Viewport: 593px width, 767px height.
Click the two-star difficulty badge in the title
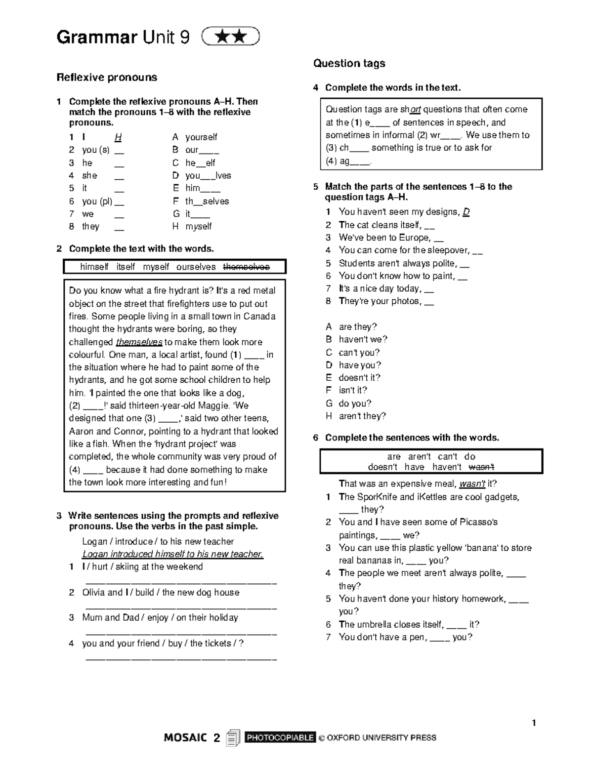coord(231,37)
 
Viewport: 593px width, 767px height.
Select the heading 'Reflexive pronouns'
coord(107,77)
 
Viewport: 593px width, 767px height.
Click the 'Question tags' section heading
coord(349,63)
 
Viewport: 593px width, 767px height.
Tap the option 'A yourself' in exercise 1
coord(195,137)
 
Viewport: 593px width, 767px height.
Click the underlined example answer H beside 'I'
coord(118,137)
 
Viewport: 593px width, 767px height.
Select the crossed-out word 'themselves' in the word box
coord(246,267)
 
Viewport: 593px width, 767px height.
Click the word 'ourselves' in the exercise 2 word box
coord(196,267)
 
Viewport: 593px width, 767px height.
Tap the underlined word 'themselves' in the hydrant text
coord(139,342)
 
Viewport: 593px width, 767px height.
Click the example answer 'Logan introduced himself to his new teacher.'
coord(172,554)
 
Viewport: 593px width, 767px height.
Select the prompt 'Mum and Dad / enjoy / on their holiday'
coord(160,617)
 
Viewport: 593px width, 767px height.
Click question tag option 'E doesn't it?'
coord(353,378)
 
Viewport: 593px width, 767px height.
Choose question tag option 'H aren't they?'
coord(356,416)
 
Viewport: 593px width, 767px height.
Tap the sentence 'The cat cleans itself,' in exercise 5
coord(380,225)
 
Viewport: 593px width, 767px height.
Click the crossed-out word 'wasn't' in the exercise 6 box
coord(481,467)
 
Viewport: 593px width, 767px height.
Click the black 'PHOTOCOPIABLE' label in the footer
coord(280,737)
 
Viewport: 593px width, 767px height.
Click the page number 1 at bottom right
coord(534,723)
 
